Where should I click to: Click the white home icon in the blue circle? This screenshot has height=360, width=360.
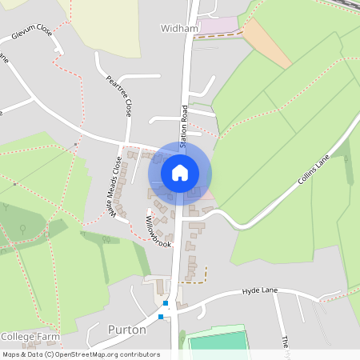[180, 173]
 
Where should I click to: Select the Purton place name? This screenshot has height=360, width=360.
[127, 330]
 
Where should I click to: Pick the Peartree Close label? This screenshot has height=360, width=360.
[118, 94]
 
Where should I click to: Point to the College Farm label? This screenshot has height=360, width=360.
[30, 336]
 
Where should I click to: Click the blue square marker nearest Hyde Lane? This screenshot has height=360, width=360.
[166, 303]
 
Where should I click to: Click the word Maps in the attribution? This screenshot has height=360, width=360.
[11, 354]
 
